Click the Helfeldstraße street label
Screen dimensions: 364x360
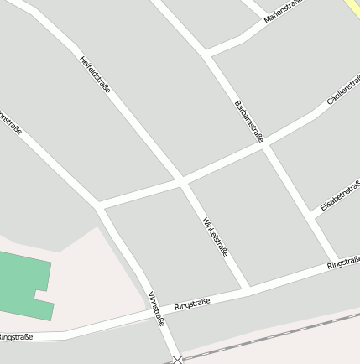(95, 74)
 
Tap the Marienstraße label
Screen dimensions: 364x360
(283, 11)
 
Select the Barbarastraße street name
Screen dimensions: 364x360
(249, 121)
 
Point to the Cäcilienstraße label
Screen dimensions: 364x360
(344, 89)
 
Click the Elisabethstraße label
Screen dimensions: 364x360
(340, 195)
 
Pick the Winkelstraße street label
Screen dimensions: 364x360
(216, 237)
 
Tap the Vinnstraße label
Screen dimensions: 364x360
(156, 309)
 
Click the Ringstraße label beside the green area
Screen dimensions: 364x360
(15, 336)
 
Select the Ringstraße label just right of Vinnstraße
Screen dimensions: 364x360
(192, 304)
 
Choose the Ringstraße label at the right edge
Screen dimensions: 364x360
(343, 263)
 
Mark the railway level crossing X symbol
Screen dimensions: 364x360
(177, 360)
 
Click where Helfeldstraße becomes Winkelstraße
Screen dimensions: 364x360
(182, 180)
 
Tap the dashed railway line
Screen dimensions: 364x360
(277, 335)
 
